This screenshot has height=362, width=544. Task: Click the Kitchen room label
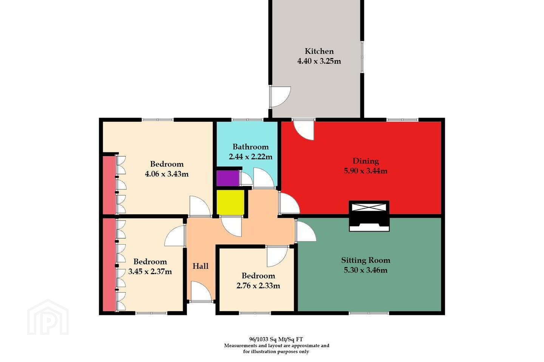coord(319,51)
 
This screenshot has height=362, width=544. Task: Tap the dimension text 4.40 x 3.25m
coord(319,61)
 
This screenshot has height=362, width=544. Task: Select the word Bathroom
coord(250,147)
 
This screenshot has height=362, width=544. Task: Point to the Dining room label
coord(366,161)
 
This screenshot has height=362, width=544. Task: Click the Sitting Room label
coord(366,260)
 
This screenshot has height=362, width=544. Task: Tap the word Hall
coord(201,266)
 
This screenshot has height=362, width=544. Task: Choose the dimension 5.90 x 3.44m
coord(366,171)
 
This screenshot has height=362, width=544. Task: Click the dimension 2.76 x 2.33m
coord(258,285)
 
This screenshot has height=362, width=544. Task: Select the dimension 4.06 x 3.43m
coord(167,174)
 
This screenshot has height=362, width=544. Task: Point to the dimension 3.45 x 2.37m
coord(150,271)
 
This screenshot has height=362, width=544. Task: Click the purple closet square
coord(227,178)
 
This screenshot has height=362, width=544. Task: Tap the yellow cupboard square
coord(230,202)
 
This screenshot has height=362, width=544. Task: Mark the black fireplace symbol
coord(369,221)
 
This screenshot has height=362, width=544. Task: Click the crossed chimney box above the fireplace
coord(369,207)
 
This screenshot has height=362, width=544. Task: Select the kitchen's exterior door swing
coord(280,97)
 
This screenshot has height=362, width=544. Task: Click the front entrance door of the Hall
coord(201,291)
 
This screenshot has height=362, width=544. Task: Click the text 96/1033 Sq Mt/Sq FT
coord(276,339)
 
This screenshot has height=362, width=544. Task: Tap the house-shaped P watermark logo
coord(48,317)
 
